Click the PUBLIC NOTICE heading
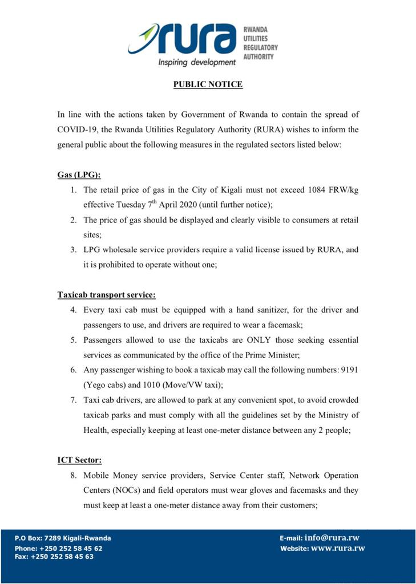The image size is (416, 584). [x=208, y=84]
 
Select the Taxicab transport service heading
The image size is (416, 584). [x=106, y=295]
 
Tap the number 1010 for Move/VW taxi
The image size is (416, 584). [x=148, y=384]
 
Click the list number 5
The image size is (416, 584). [x=73, y=340]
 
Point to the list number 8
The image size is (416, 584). [x=73, y=475]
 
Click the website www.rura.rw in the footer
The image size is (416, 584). [x=337, y=549]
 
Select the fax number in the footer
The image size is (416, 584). [x=54, y=557]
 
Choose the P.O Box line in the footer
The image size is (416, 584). [x=63, y=538]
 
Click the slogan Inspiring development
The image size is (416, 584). [x=196, y=62]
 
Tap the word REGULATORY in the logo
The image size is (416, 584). [x=261, y=48]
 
